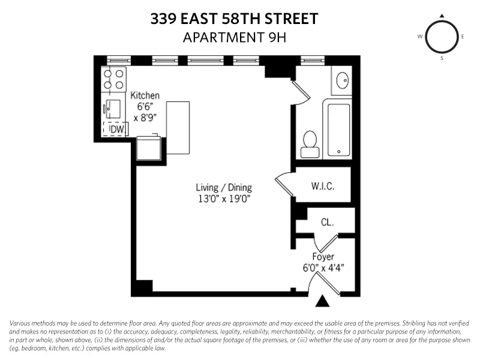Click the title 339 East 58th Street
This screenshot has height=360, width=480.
coord(234,19)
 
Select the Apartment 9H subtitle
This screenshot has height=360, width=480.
coord(234,37)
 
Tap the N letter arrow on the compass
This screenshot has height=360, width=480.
coord(442,16)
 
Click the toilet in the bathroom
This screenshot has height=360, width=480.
coord(310,143)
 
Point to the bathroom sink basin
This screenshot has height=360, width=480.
coord(342,80)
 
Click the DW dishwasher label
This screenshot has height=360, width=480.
coord(117,128)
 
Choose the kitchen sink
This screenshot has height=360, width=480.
coord(113,110)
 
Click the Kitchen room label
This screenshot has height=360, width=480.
coord(145,95)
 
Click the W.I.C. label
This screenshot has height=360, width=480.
coord(322,186)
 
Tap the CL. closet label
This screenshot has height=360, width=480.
coord(327,222)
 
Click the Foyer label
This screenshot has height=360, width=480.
coord(323,257)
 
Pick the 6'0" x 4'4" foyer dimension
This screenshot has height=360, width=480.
coord(323,268)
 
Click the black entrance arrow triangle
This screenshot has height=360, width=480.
coord(323,300)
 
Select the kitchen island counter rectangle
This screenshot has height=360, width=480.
coord(178,127)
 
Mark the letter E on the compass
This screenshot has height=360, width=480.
coord(463,37)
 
